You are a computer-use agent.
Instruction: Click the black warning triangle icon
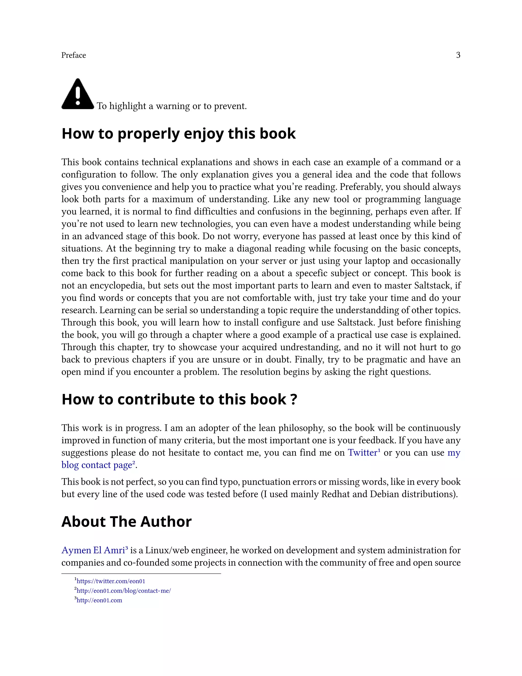click(x=78, y=94)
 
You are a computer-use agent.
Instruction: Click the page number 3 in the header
click(x=458, y=55)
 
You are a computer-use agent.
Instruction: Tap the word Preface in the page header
click(x=74, y=55)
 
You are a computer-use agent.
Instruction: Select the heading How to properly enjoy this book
click(x=178, y=133)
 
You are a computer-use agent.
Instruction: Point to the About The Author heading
click(x=126, y=522)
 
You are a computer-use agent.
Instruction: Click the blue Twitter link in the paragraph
click(x=362, y=453)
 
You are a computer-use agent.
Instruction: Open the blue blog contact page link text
click(x=97, y=465)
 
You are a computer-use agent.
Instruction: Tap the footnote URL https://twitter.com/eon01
click(x=111, y=581)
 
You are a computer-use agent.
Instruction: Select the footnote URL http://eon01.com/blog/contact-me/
click(x=123, y=591)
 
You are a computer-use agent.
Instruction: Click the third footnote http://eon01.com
click(x=99, y=600)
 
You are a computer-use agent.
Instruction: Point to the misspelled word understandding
click(x=369, y=310)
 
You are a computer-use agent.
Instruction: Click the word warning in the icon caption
click(x=173, y=106)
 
